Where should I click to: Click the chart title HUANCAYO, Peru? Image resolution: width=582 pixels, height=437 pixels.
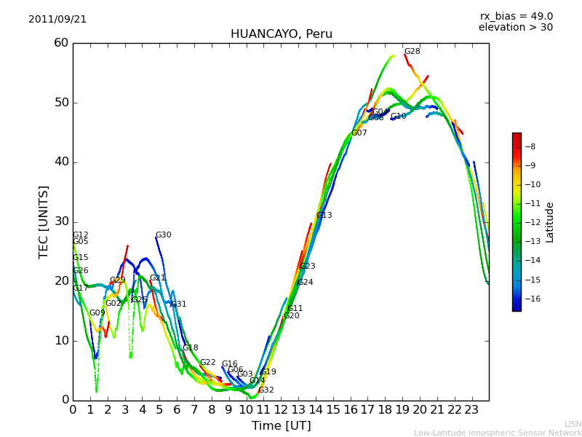281,34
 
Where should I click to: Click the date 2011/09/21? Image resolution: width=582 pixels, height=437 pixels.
57,20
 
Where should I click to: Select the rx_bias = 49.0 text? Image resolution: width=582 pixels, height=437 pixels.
516,17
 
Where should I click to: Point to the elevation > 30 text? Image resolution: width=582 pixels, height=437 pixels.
515,28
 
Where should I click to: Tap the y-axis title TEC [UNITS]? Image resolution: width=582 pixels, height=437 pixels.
44,221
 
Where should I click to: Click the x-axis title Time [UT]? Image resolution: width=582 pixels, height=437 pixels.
281,426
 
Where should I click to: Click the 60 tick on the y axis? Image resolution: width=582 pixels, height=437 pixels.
60,43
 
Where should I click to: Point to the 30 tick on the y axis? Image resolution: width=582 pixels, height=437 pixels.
60,221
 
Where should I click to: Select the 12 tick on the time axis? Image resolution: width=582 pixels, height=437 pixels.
281,409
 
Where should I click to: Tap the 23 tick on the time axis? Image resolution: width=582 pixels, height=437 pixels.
471,409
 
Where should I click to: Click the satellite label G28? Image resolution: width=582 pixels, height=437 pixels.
412,52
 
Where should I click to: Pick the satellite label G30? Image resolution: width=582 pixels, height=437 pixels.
163,235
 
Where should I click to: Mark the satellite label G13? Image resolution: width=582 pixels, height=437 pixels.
324,216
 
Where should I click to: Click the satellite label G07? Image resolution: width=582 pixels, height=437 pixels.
359,133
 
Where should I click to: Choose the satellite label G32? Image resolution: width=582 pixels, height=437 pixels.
266,390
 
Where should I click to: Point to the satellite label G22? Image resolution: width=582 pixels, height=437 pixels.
207,363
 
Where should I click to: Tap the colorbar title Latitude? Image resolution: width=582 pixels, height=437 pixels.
550,222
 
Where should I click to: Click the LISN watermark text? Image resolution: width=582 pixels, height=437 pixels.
573,424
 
